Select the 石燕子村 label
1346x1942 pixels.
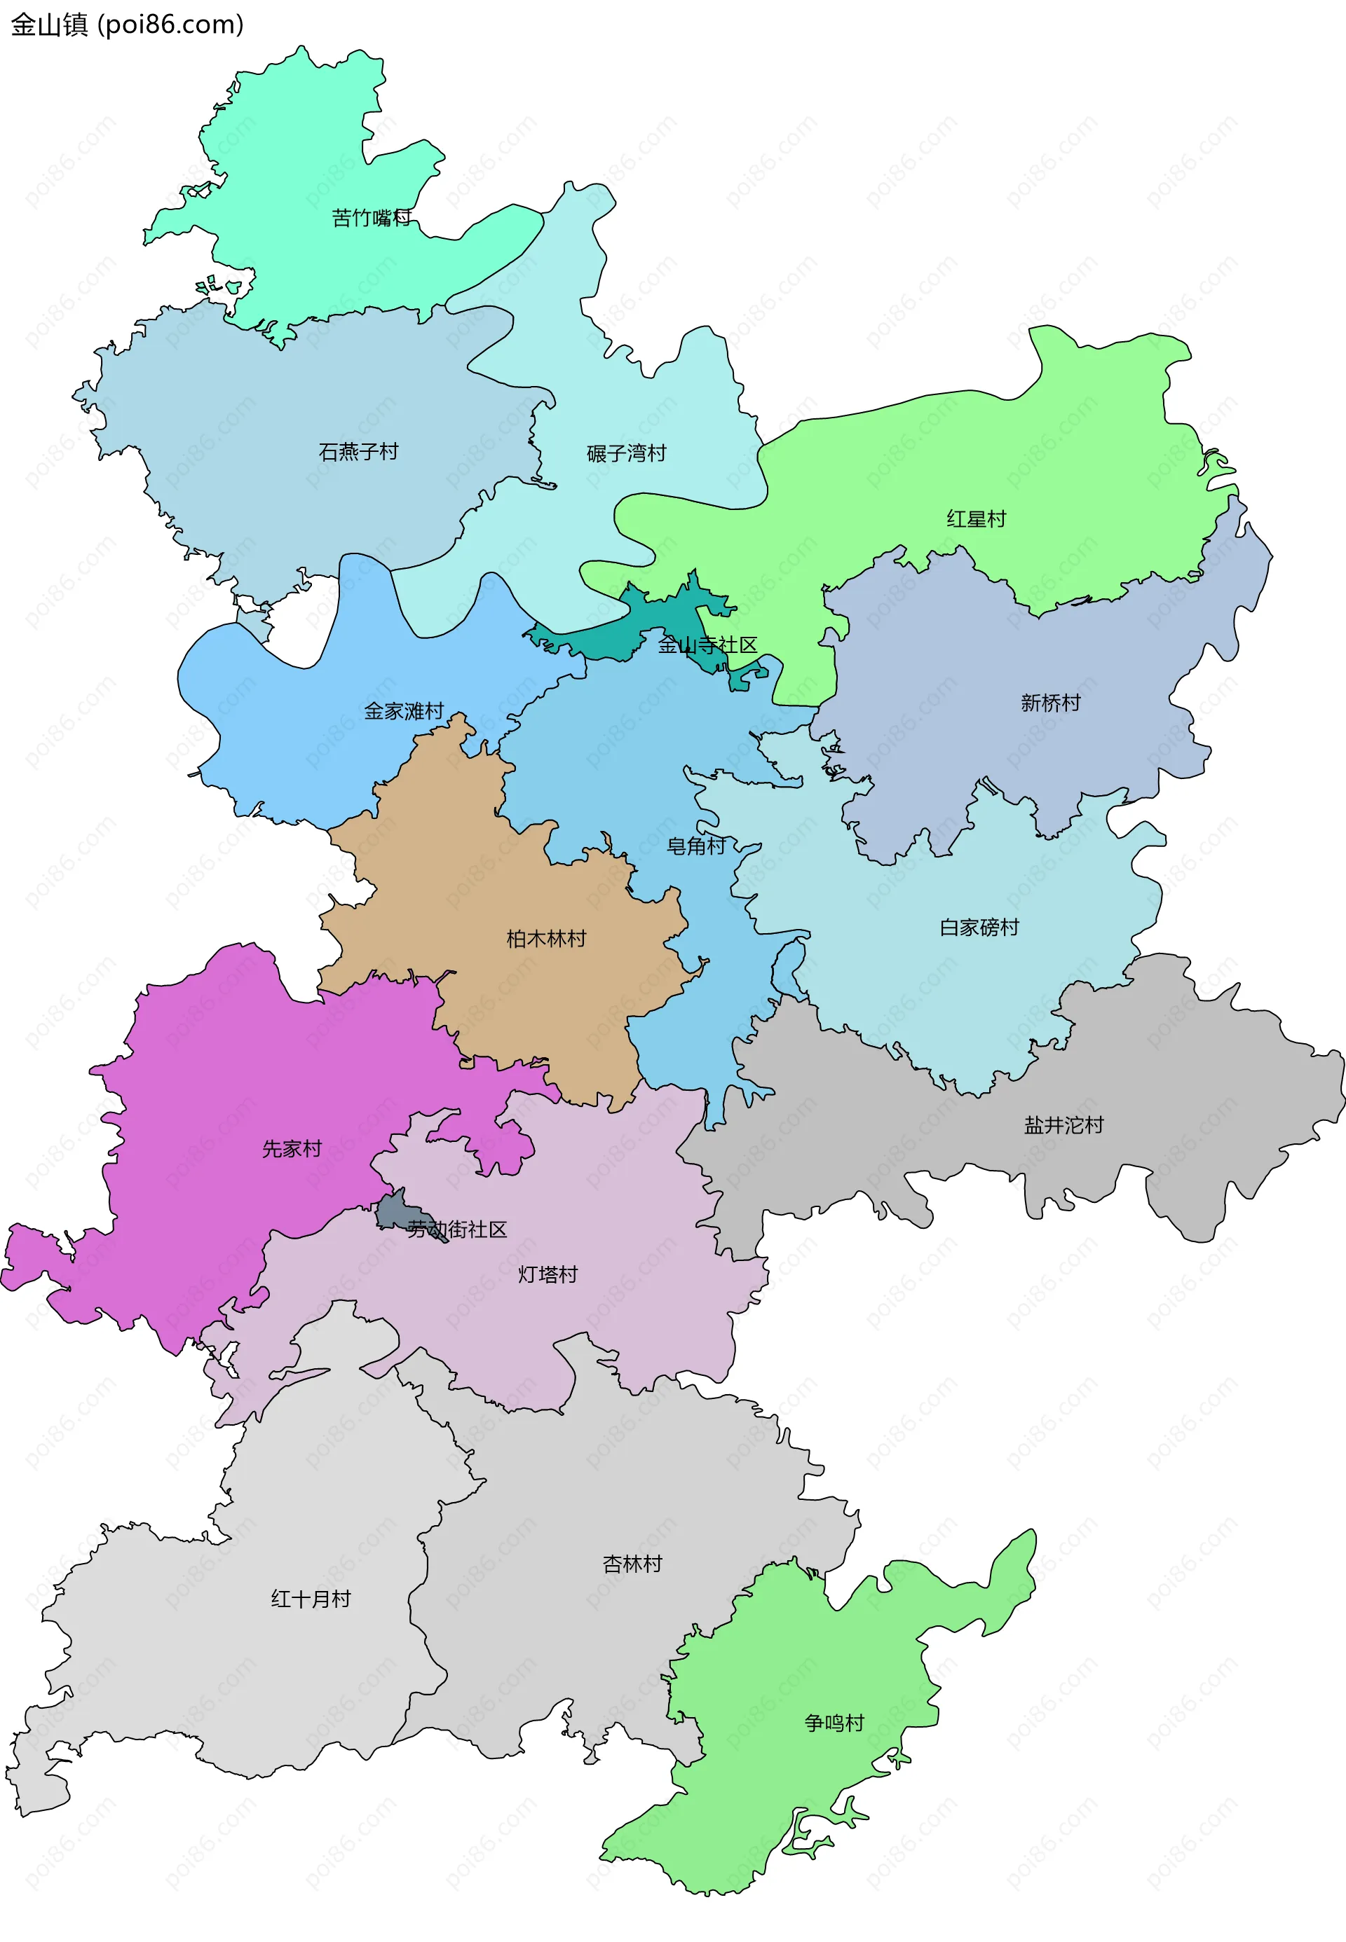(x=358, y=452)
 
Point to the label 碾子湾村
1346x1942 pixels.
(x=627, y=453)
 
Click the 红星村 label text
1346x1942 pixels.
(x=977, y=519)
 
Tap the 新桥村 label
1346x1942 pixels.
(x=1050, y=703)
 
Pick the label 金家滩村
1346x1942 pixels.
(x=404, y=711)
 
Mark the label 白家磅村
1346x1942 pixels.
(x=979, y=928)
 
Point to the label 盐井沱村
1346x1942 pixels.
(x=1063, y=1125)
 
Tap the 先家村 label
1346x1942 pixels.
(x=292, y=1149)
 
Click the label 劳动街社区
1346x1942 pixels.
(x=457, y=1230)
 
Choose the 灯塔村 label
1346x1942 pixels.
(x=548, y=1274)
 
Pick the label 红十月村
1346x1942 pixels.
(x=311, y=1599)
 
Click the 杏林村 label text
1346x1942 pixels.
(x=632, y=1564)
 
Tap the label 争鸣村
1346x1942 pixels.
(x=834, y=1723)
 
